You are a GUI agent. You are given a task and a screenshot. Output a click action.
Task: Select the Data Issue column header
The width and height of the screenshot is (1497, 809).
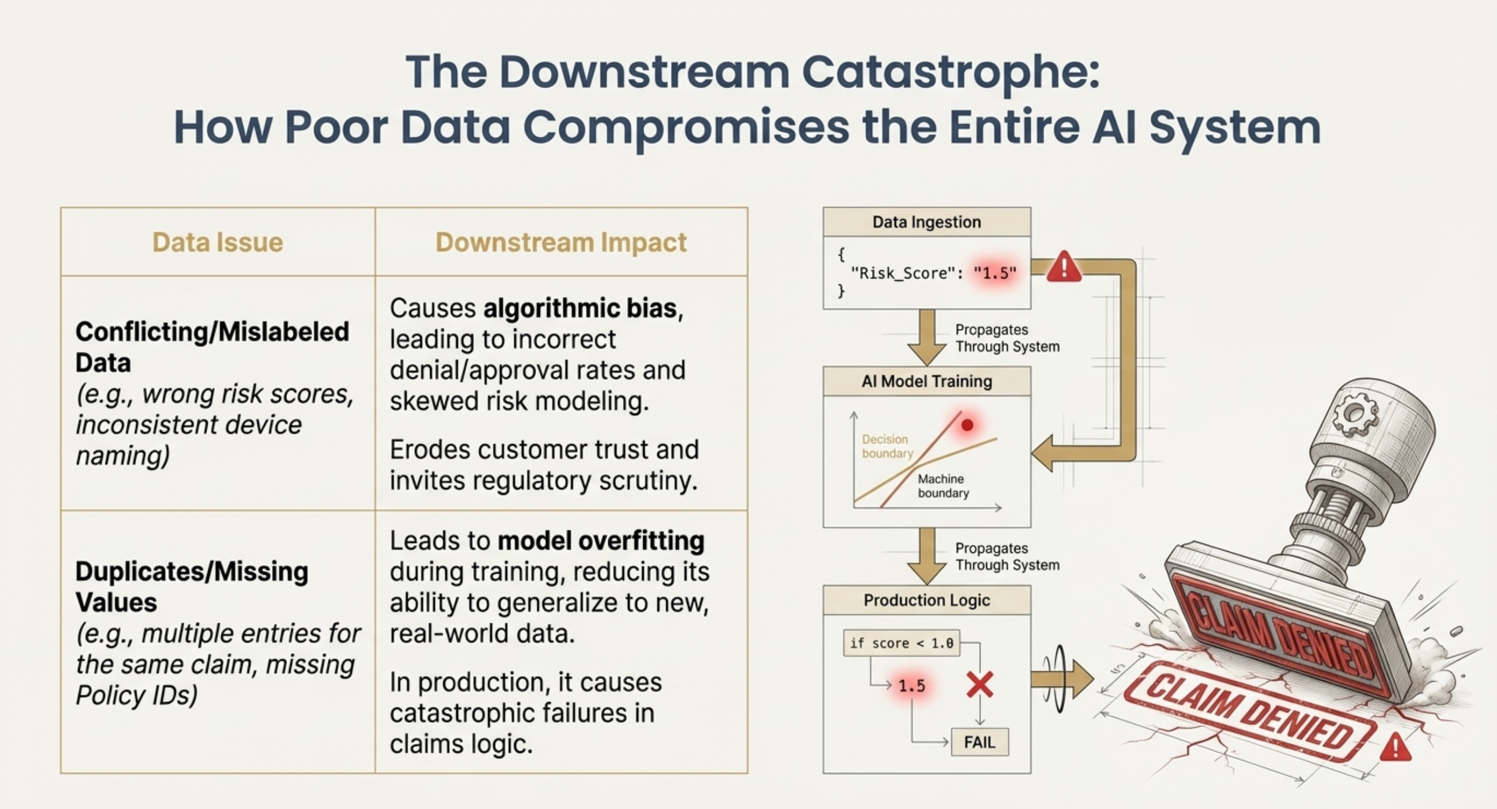coord(217,242)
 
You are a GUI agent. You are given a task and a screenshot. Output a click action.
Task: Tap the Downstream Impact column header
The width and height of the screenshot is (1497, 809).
coord(561,242)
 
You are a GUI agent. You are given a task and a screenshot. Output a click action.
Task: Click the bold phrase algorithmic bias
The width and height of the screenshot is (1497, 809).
coord(580,308)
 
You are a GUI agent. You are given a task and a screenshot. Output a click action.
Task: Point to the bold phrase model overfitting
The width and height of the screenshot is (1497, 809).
coord(601,541)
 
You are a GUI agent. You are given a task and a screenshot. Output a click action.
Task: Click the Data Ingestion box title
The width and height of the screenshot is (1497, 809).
coord(926,222)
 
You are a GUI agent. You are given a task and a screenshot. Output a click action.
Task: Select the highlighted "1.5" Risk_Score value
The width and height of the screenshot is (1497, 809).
coord(995,273)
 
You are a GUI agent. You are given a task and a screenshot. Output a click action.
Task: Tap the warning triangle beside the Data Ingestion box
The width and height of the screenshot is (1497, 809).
coord(1063,267)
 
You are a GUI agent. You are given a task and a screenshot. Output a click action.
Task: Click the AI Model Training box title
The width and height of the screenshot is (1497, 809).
coord(926,381)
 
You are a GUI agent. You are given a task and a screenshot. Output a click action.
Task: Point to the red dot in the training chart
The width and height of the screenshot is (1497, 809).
coord(967,425)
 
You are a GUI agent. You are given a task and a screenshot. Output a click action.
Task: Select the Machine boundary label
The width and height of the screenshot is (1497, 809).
coord(943,486)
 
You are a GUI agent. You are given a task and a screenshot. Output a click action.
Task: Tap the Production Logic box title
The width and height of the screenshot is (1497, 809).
coord(926,600)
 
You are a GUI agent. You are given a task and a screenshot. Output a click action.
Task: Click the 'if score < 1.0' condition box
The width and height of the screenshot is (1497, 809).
coord(901,643)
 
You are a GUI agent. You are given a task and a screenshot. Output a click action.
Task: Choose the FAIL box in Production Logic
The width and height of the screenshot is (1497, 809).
coord(980,743)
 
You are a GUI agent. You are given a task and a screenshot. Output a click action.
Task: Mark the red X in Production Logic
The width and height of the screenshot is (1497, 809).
coord(980,685)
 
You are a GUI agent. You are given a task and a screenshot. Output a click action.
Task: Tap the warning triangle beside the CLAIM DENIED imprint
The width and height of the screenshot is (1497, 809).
coord(1395,747)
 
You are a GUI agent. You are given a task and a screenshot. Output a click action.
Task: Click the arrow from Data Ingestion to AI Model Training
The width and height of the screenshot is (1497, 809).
coord(926,337)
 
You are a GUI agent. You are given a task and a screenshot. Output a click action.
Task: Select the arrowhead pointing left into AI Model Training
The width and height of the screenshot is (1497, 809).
coord(1043,453)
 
